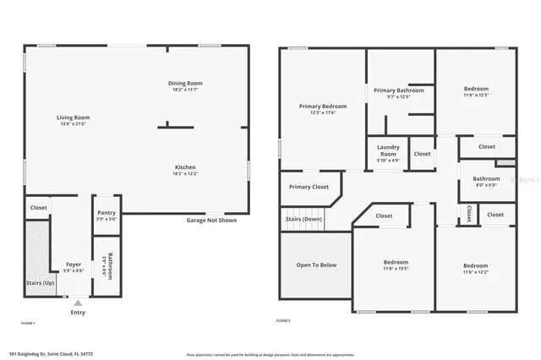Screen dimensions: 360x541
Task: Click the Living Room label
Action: coord(74,117)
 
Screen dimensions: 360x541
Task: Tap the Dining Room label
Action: coord(187,83)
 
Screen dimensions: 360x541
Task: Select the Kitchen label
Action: coord(186,166)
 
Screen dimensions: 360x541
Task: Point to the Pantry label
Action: coord(107,212)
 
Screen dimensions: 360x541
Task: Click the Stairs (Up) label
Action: coord(41,283)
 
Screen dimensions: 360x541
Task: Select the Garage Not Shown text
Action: coord(211,221)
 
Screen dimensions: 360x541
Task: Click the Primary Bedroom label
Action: coord(323,106)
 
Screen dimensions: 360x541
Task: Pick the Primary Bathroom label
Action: coord(398,90)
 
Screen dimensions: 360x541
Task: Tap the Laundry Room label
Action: coord(388,151)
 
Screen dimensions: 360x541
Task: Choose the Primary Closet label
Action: coord(309,187)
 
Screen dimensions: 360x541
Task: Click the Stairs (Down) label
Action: coord(304,219)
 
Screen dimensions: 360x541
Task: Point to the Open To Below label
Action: coord(316,265)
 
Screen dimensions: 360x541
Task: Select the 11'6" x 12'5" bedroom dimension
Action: coord(477,95)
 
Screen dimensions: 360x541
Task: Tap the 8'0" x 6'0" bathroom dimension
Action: coord(486,184)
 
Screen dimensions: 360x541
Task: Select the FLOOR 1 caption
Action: coord(28,322)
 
